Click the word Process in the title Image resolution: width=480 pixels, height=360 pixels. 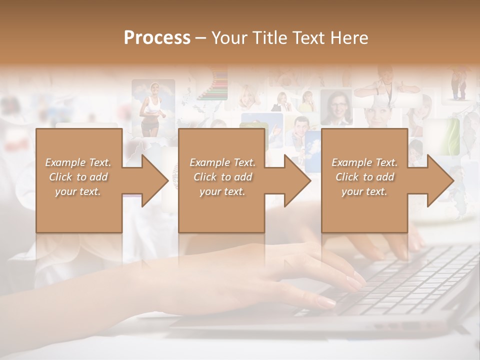pos(157,38)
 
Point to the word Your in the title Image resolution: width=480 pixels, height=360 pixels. pos(230,38)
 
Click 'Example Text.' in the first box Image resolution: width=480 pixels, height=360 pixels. pos(78,162)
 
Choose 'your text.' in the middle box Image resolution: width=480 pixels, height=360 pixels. pos(222,191)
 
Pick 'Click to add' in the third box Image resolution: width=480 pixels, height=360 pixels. pos(364,177)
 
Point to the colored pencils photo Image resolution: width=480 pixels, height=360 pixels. pos(213,85)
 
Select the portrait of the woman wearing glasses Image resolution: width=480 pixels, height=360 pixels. pos(336,107)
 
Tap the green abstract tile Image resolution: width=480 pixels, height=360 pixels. pos(448,135)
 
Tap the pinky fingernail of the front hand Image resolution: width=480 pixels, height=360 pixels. pos(328,302)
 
